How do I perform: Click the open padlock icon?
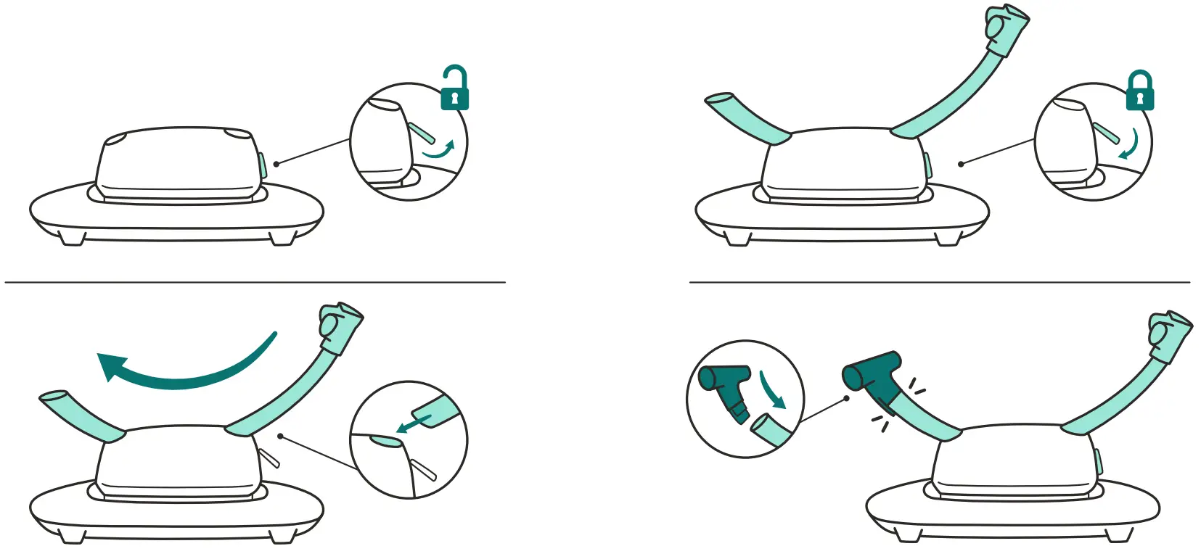[x=455, y=91]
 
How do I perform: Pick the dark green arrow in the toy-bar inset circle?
[x=772, y=390]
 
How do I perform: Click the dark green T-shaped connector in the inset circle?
[x=726, y=388]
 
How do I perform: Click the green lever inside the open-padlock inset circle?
[x=422, y=133]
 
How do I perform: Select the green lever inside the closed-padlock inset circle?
[x=1106, y=133]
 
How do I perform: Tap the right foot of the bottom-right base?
[x=1119, y=535]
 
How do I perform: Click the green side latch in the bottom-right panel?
[x=1098, y=464]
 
